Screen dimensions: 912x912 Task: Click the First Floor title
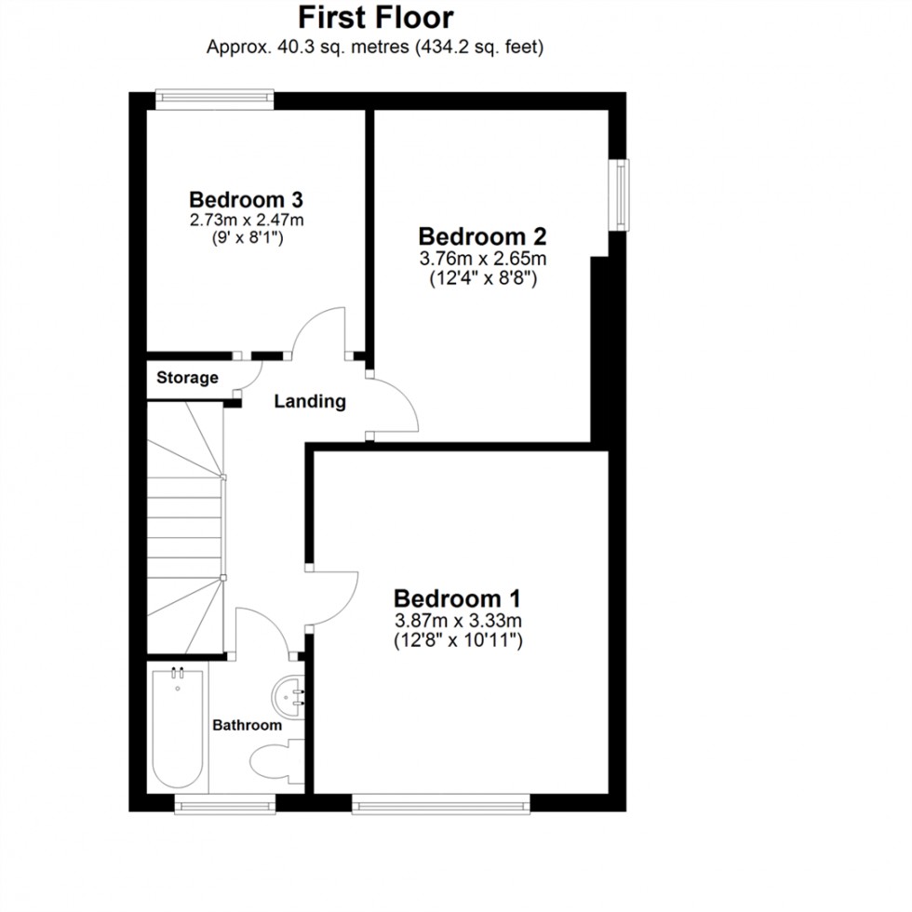[x=375, y=17]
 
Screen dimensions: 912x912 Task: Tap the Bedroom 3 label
[x=246, y=199]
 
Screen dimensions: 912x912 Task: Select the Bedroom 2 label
[x=481, y=235]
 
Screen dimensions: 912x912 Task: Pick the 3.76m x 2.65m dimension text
[x=481, y=258]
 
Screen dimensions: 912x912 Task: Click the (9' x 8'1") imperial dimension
[x=246, y=238]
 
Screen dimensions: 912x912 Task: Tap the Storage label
[x=187, y=378]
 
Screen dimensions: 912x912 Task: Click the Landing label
[x=310, y=402]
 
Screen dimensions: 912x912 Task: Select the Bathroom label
[x=247, y=725]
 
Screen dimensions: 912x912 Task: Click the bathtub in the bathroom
[x=177, y=726]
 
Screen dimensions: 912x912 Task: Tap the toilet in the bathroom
[x=276, y=756]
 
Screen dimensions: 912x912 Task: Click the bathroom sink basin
[x=290, y=693]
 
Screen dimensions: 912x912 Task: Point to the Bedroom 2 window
[x=620, y=194]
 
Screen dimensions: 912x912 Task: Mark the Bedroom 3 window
[x=214, y=98]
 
